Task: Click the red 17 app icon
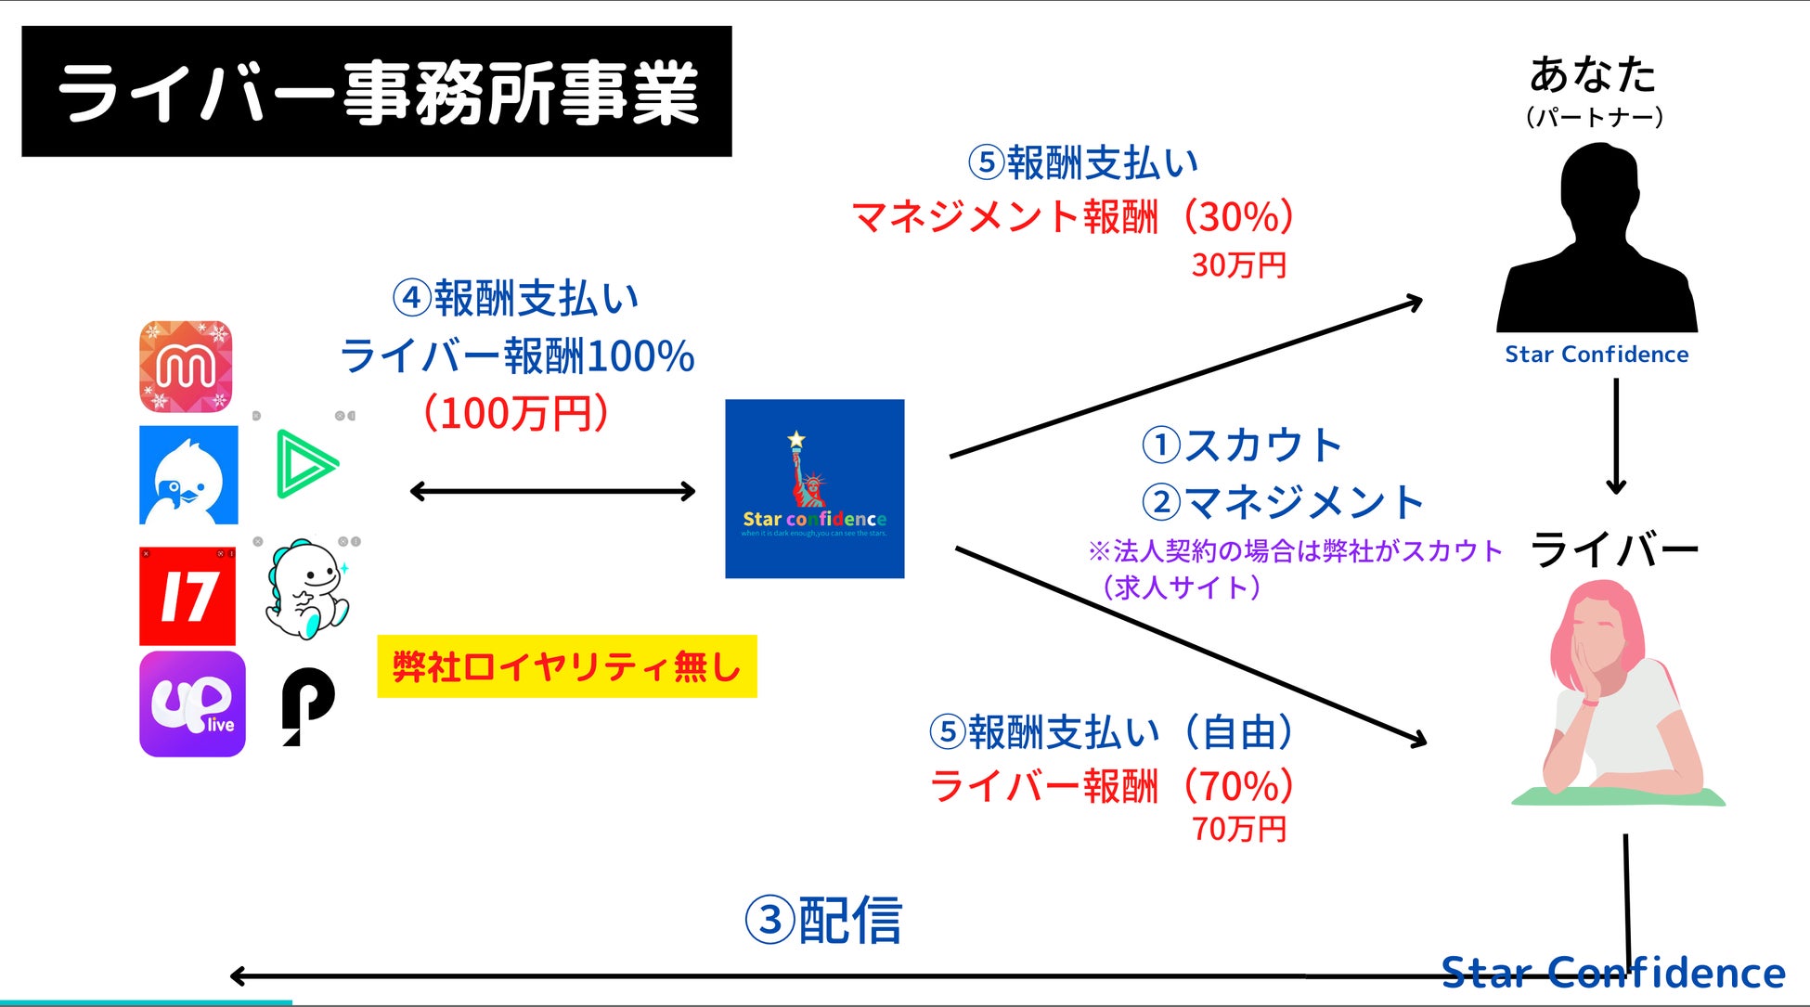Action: coord(187,596)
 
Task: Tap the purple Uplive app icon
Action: coord(192,704)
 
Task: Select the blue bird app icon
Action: coord(188,475)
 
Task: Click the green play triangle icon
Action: coord(305,463)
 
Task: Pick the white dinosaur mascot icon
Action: coord(306,589)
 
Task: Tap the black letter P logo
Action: coord(307,704)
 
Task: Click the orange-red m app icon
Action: coord(186,367)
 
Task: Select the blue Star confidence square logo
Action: coord(814,488)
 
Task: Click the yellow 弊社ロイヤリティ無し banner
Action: coord(566,666)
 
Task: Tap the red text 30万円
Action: coord(1238,265)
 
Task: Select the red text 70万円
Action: coord(1238,828)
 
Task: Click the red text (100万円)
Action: coord(516,413)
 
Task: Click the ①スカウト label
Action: coord(1242,445)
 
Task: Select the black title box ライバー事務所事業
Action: coord(376,92)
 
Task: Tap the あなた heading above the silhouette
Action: coord(1593,75)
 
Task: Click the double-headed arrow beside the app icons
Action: coord(552,491)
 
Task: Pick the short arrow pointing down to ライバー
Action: coord(1616,436)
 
